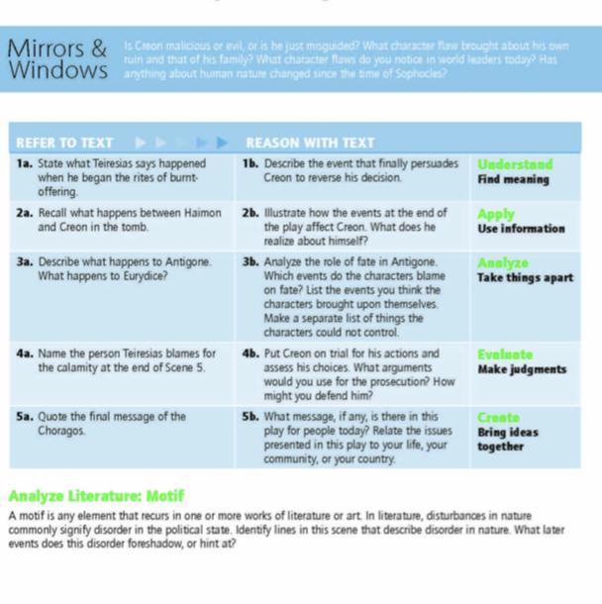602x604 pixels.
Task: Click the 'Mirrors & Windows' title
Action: click(56, 59)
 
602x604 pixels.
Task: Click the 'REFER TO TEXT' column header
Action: click(64, 143)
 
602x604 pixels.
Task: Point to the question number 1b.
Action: click(251, 163)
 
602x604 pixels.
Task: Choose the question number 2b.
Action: click(251, 213)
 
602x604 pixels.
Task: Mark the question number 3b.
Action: click(251, 262)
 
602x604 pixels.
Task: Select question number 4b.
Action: click(251, 353)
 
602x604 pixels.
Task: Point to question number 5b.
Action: click(251, 417)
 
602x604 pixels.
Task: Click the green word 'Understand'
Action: click(515, 164)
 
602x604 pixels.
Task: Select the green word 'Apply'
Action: click(496, 214)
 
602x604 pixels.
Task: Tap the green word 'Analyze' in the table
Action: click(503, 263)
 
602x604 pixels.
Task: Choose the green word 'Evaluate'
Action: click(505, 354)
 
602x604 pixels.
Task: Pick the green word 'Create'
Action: click(498, 418)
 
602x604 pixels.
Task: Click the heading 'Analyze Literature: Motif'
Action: click(96, 495)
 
